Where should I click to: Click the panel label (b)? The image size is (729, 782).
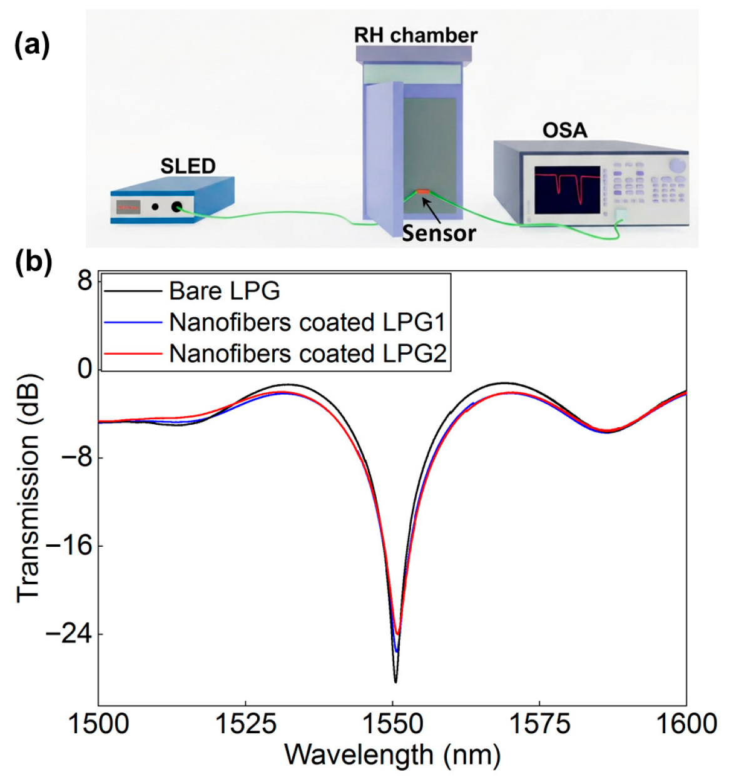point(33,262)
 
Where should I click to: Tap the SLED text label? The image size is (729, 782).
point(188,166)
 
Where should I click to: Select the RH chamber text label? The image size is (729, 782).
point(415,35)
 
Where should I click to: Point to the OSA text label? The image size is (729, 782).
point(564,130)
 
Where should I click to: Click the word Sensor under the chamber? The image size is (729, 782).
point(439,233)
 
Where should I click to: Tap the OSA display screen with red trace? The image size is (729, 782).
point(567,190)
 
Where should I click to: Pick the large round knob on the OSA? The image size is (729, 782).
point(676,165)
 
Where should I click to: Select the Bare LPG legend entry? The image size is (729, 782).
point(224,291)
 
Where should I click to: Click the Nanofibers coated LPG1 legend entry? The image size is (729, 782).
point(307,322)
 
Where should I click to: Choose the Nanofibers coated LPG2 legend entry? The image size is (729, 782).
point(307,353)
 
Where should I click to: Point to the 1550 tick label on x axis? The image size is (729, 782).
point(393,724)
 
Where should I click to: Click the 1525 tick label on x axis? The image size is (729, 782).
point(245,724)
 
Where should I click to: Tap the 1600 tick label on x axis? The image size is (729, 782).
point(686,724)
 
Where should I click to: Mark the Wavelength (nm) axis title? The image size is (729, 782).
point(392,754)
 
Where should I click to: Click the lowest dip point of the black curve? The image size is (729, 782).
point(395,681)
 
